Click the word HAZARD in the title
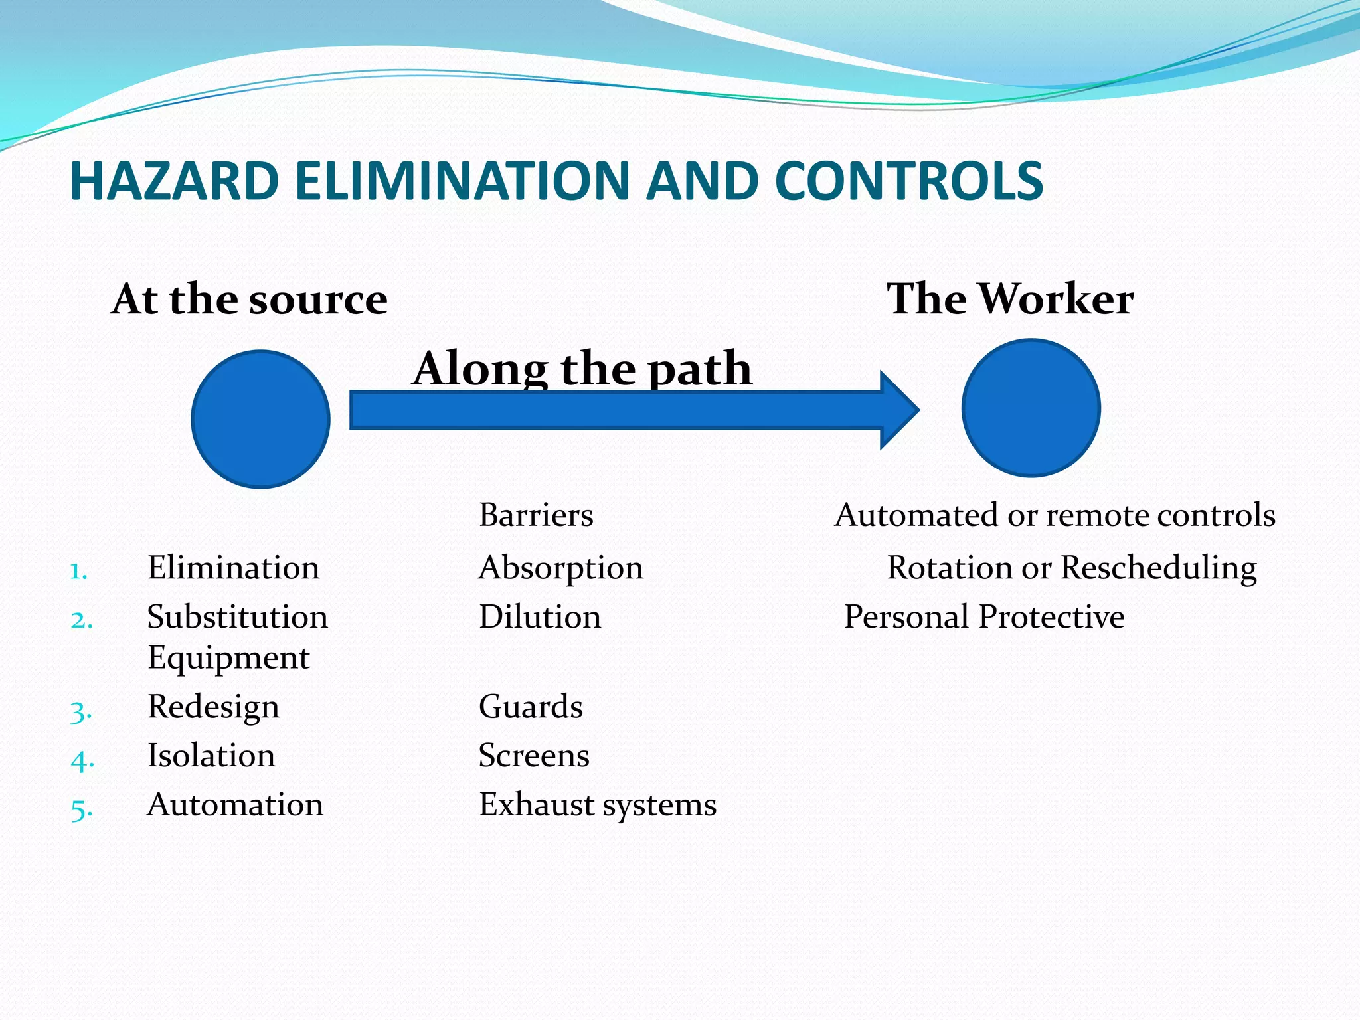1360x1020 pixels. tap(174, 181)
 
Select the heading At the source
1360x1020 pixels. tap(250, 299)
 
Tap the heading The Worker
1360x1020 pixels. tap(1009, 299)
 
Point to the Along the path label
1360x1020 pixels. tap(582, 369)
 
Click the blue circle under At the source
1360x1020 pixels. tap(260, 419)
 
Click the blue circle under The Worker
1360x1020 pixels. tap(1031, 408)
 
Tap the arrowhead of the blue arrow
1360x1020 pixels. tap(898, 410)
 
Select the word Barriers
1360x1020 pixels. tap(536, 515)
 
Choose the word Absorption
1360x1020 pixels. tap(560, 568)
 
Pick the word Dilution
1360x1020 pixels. tap(540, 617)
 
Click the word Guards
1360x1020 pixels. tap(531, 707)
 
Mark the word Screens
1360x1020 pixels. tap(534, 756)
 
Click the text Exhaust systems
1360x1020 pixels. tap(598, 805)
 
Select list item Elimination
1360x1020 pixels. tap(233, 568)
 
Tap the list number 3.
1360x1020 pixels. tap(80, 712)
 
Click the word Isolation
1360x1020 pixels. tap(211, 756)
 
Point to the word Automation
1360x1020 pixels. tap(235, 805)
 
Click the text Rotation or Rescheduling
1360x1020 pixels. tap(1071, 568)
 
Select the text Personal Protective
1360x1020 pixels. tap(983, 617)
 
